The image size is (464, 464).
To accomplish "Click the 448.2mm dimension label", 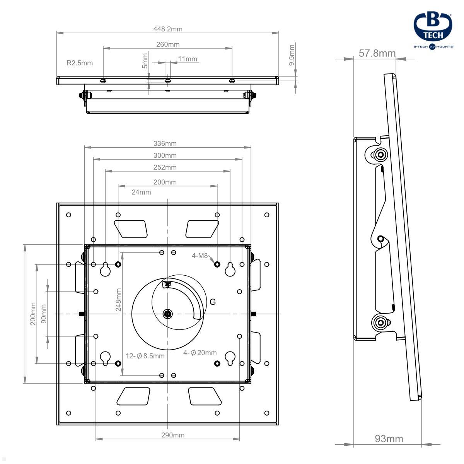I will click(167, 29).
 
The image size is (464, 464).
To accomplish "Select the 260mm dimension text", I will click(168, 44).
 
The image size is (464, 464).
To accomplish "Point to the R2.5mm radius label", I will click(80, 63).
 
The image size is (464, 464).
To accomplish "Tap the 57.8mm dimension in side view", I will click(377, 53).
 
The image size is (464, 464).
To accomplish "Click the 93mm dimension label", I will click(389, 438).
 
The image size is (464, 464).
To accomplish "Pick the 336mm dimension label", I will click(165, 143).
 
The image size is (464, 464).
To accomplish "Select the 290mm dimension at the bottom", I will click(172, 435).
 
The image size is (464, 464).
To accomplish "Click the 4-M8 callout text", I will click(200, 256).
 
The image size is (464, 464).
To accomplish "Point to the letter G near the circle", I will click(213, 302).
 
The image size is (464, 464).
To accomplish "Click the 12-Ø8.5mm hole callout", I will click(145, 356).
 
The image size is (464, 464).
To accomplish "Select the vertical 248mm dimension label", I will click(118, 300).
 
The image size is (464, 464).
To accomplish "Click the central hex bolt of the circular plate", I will click(167, 314).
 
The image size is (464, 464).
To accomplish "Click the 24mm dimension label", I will click(141, 192).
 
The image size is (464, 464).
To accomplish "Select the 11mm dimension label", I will click(188, 59).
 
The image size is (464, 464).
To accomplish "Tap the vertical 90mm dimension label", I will click(44, 314).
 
